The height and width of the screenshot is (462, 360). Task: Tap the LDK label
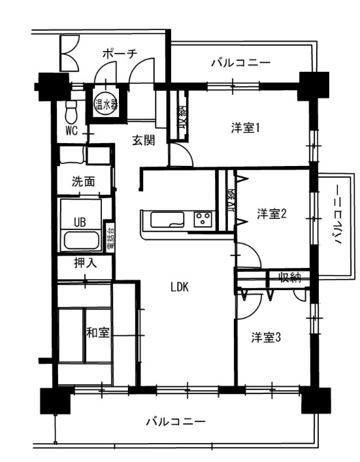pyautogui.click(x=180, y=286)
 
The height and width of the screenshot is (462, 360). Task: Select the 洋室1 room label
pyautogui.click(x=246, y=127)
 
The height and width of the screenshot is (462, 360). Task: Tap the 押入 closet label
pyautogui.click(x=84, y=265)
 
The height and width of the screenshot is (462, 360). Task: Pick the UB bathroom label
pyautogui.click(x=80, y=222)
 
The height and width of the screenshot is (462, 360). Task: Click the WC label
pyautogui.click(x=71, y=130)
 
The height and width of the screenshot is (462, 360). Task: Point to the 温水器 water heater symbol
pyautogui.click(x=106, y=103)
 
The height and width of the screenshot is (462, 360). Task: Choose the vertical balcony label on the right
pyautogui.click(x=337, y=214)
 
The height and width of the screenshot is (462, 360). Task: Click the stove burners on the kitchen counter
pyautogui.click(x=202, y=219)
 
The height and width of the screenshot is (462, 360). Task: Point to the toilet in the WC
pyautogui.click(x=72, y=111)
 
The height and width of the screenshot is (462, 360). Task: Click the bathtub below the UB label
pyautogui.click(x=82, y=240)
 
